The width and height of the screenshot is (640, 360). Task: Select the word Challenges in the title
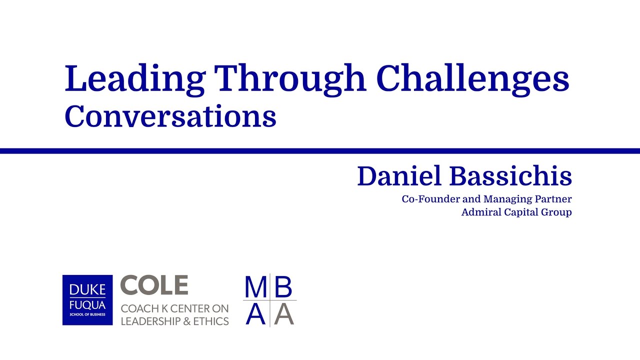pos(472,79)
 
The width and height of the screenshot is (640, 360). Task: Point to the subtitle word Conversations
pos(170,116)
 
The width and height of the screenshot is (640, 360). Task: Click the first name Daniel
pos(399,176)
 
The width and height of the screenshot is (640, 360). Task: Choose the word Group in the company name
pos(557,212)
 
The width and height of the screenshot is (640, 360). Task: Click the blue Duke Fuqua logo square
pos(87,300)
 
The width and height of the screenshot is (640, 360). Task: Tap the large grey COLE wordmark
pos(154,285)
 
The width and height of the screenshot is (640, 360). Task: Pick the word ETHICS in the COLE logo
pos(211,321)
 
